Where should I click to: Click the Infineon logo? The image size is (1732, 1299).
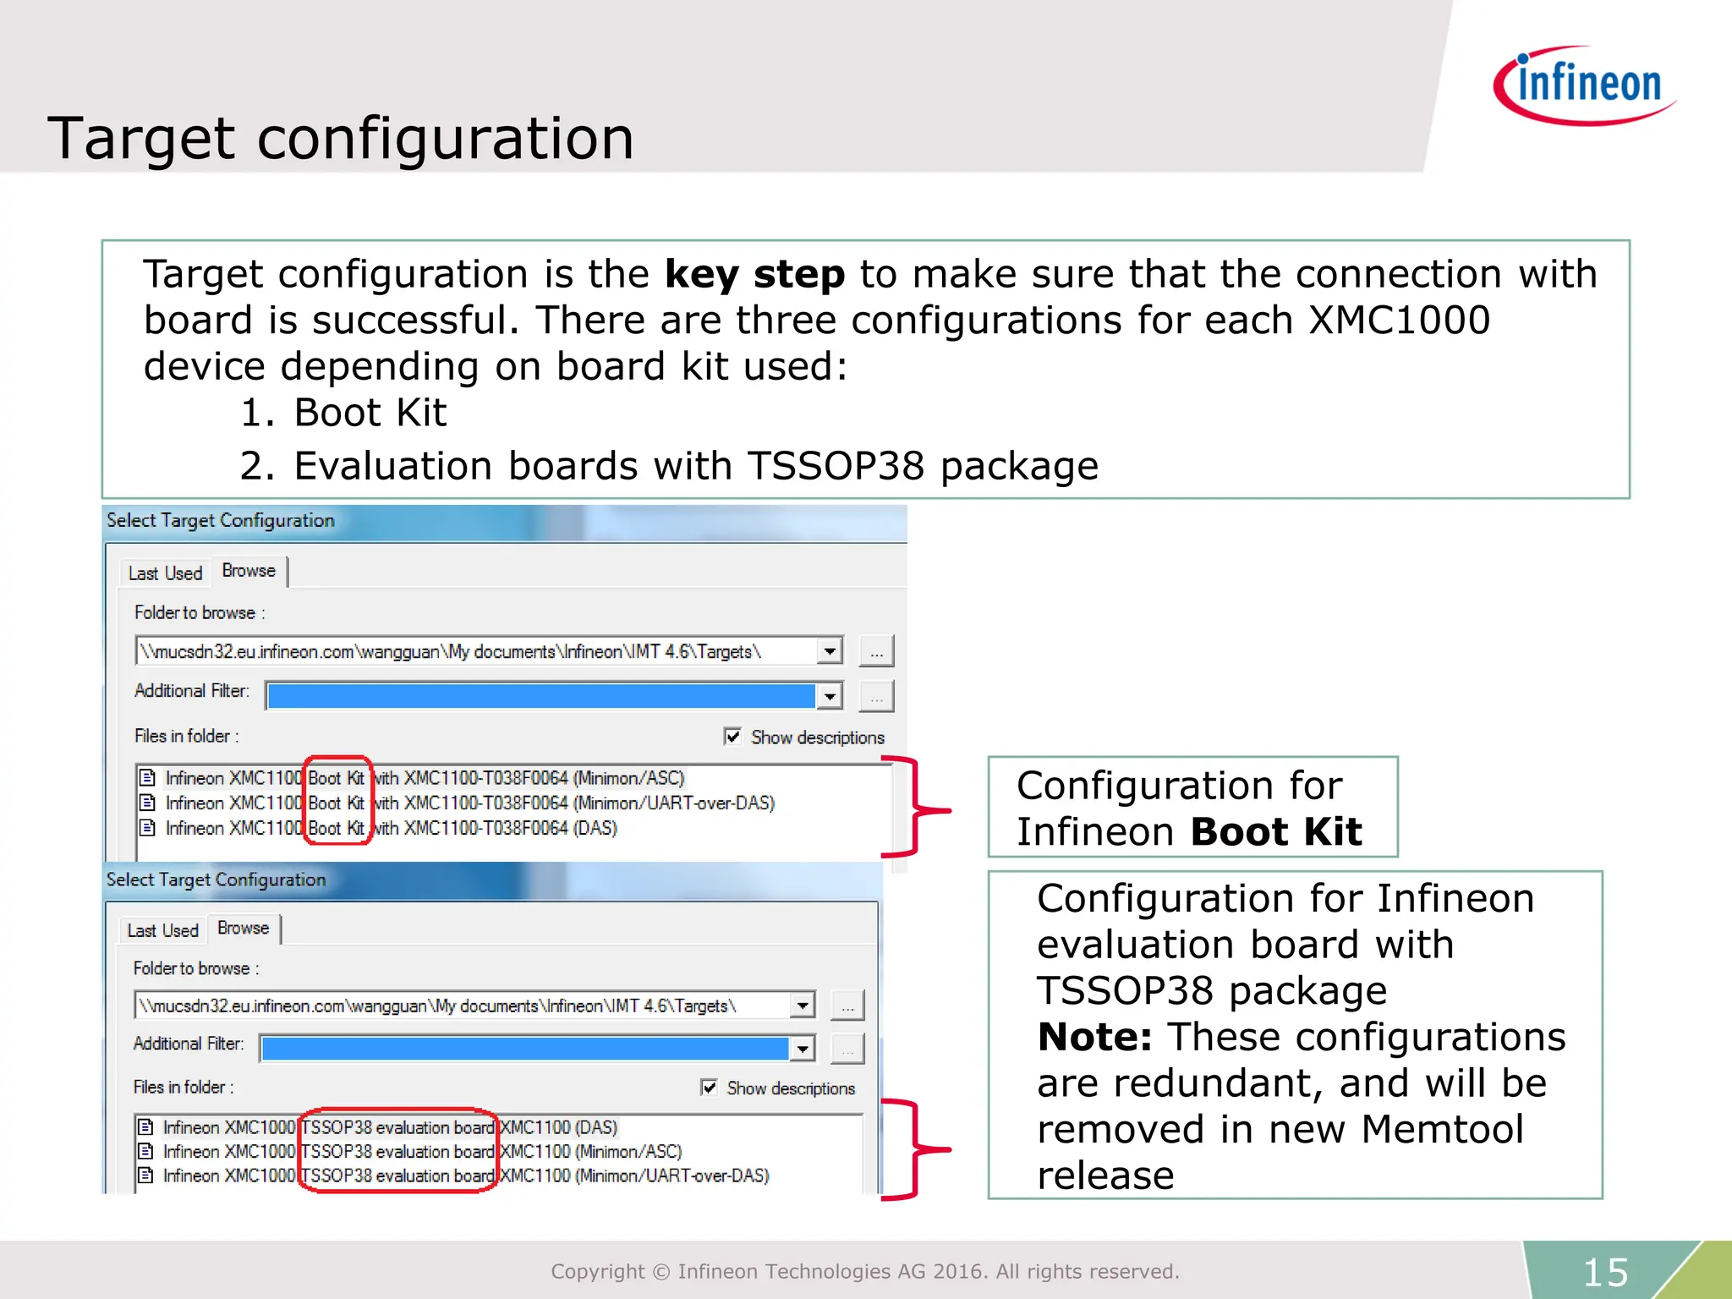[1584, 85]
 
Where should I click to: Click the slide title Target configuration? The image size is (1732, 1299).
[340, 138]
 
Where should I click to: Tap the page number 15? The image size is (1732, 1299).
[1605, 1272]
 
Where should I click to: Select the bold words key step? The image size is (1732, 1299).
[754, 274]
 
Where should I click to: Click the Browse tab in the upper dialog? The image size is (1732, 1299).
[249, 571]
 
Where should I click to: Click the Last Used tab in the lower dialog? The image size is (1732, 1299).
[162, 930]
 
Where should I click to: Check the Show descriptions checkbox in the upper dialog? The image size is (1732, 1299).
[733, 737]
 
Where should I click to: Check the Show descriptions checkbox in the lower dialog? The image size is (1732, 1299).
[710, 1088]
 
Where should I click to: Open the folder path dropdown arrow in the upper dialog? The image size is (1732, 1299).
[830, 651]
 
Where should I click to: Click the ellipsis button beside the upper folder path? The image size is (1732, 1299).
[876, 652]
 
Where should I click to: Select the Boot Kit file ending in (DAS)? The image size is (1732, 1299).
[391, 828]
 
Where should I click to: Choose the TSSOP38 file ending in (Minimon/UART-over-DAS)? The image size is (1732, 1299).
[466, 1176]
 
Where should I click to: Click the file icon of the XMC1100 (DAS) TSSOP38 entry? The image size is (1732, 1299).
[146, 1127]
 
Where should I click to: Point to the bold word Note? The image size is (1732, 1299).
[1094, 1037]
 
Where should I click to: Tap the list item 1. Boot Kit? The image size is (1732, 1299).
[343, 413]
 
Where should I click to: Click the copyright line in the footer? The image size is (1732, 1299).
[864, 1271]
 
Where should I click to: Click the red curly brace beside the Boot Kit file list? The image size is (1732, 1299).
[918, 808]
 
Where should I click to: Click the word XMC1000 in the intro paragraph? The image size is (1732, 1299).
[1399, 321]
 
